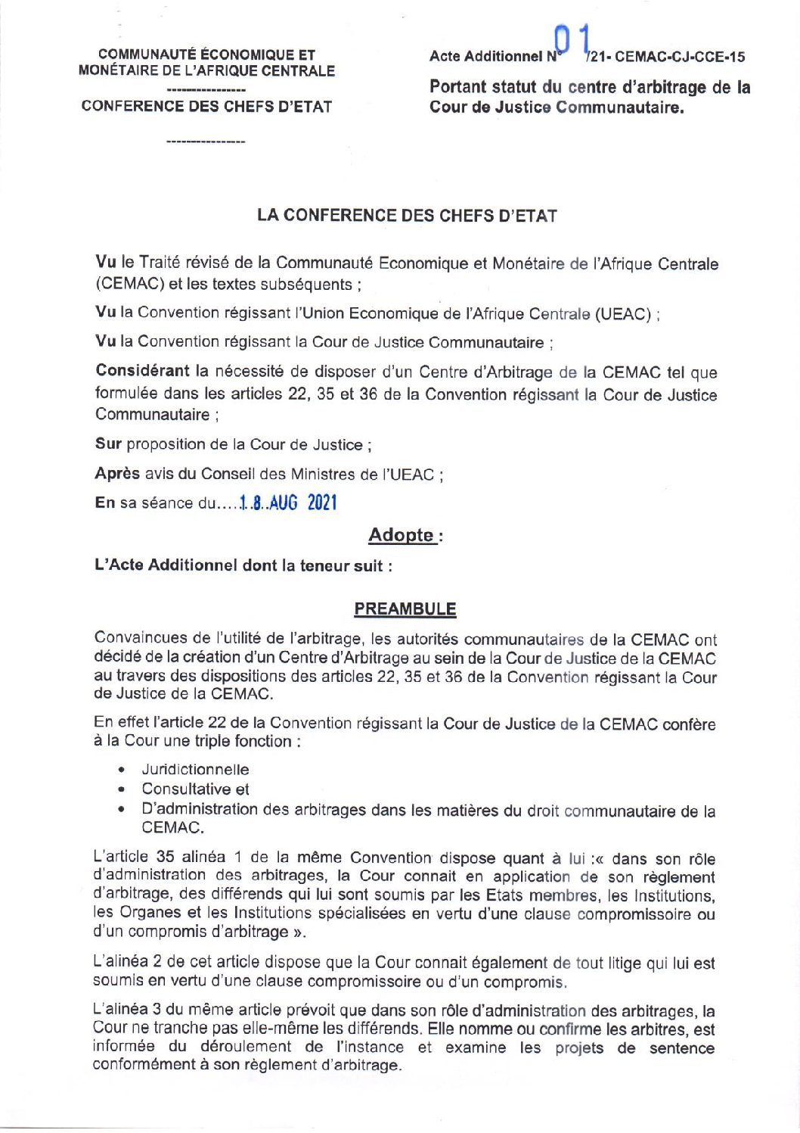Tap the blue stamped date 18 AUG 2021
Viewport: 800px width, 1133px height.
[288, 503]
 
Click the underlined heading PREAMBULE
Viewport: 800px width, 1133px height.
[405, 609]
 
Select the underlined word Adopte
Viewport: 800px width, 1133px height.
[401, 535]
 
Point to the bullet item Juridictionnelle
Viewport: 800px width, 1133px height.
[195, 770]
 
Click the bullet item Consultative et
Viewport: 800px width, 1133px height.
[195, 789]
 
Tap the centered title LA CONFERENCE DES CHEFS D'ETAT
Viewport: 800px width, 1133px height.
[407, 216]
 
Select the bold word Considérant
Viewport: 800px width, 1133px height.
[142, 371]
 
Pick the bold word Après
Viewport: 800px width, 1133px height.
[117, 474]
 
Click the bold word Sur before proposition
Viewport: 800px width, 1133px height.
[108, 444]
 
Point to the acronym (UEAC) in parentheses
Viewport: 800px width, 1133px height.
[623, 314]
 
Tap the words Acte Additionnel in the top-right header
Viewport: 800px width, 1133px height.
[485, 57]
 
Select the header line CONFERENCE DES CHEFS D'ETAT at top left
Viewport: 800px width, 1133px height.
[206, 107]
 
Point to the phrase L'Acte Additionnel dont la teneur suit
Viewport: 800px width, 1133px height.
[243, 565]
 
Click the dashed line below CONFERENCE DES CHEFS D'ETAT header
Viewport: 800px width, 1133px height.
[206, 142]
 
